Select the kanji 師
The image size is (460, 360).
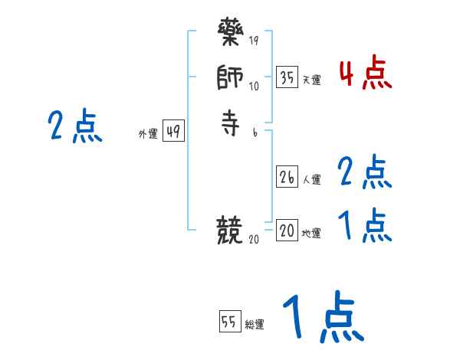(230, 79)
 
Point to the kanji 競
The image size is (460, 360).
(230, 229)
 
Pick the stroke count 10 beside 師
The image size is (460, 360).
(254, 86)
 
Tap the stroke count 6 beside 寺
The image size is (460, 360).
(255, 133)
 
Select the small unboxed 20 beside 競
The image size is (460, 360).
(254, 239)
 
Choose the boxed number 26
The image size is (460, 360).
(287, 177)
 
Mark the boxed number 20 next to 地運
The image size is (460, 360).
(287, 231)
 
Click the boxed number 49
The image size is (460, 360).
(173, 132)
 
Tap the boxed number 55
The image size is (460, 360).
(229, 322)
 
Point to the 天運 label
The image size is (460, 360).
(312, 80)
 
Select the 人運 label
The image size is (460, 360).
(312, 180)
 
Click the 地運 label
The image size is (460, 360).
(312, 234)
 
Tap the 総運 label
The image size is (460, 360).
(255, 325)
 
